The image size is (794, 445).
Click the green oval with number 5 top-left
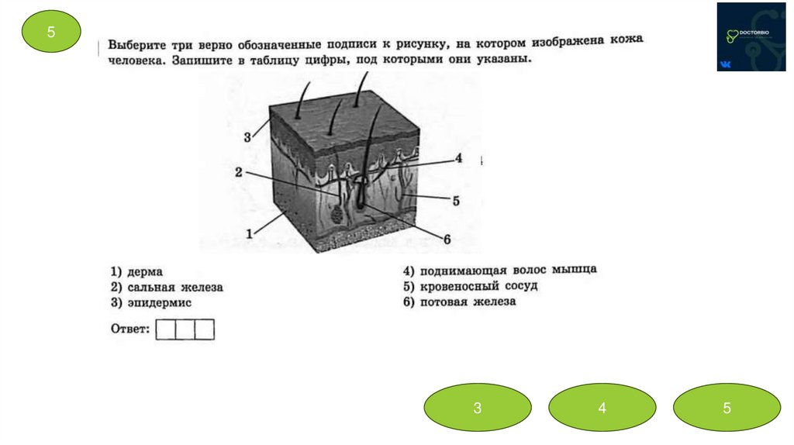51,32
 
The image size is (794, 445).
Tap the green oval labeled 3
478,407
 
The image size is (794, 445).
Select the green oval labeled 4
602,407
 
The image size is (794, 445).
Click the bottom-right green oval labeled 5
727,407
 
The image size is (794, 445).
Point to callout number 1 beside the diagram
249,233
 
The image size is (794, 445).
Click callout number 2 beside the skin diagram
239,172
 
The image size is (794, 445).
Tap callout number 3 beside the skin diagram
247,137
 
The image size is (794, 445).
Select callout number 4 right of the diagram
458,158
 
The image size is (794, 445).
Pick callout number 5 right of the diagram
456,200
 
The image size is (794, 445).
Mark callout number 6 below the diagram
447,239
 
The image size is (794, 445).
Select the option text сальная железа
174,288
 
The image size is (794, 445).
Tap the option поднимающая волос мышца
508,271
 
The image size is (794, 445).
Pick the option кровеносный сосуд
478,286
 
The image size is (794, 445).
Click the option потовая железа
468,302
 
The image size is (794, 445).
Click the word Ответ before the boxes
129,329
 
